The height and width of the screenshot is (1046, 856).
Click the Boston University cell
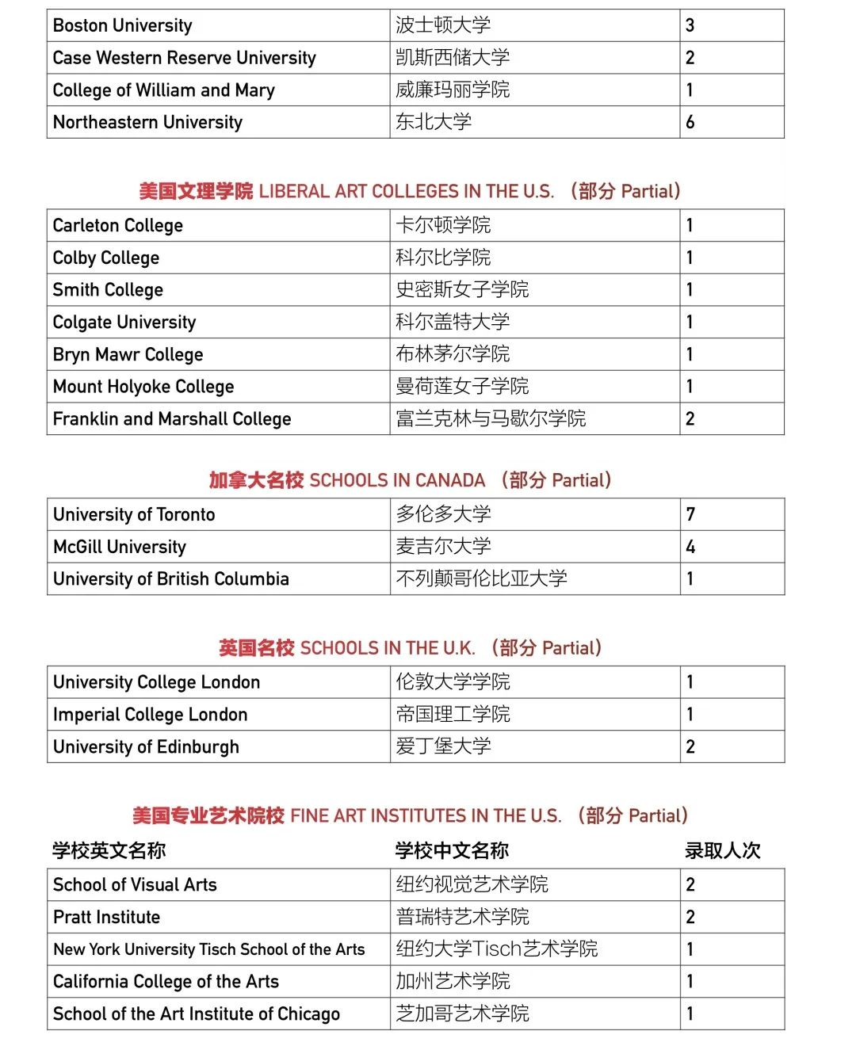click(x=123, y=25)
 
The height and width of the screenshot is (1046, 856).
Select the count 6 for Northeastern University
click(x=690, y=122)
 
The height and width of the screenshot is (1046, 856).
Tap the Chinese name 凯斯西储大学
click(x=453, y=58)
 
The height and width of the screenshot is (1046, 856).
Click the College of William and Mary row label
click(x=164, y=90)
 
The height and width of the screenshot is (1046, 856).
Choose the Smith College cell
click(x=109, y=290)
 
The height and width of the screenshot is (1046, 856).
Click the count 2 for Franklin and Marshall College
click(x=690, y=418)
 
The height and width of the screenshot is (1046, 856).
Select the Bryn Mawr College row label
click(x=128, y=354)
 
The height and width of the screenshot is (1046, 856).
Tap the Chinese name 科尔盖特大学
click(x=453, y=322)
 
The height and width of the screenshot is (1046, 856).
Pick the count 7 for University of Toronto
click(x=690, y=514)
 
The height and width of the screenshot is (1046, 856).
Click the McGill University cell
click(x=120, y=547)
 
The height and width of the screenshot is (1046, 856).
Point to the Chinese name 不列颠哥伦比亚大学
click(x=481, y=578)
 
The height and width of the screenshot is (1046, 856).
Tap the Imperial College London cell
click(x=151, y=715)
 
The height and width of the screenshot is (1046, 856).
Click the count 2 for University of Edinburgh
click(x=690, y=746)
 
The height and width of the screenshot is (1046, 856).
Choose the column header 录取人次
click(x=722, y=851)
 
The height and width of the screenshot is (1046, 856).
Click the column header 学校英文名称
click(x=109, y=851)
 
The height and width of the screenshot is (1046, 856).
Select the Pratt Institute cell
click(x=107, y=917)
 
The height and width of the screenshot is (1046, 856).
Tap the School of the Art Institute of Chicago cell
click(x=197, y=1014)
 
